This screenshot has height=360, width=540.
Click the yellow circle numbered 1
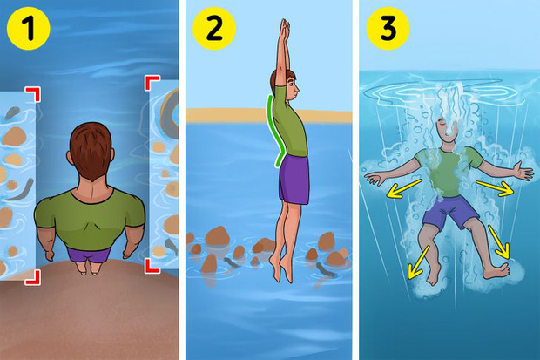tap(29, 29)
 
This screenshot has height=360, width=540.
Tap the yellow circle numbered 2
tap(214, 29)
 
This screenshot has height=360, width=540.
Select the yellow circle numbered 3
tap(388, 29)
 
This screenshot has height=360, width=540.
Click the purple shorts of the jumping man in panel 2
tap(294, 180)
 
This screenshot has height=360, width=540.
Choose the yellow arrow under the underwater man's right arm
tap(403, 188)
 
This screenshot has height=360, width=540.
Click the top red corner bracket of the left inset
tap(33, 94)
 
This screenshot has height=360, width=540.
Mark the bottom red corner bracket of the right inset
tap(152, 266)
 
